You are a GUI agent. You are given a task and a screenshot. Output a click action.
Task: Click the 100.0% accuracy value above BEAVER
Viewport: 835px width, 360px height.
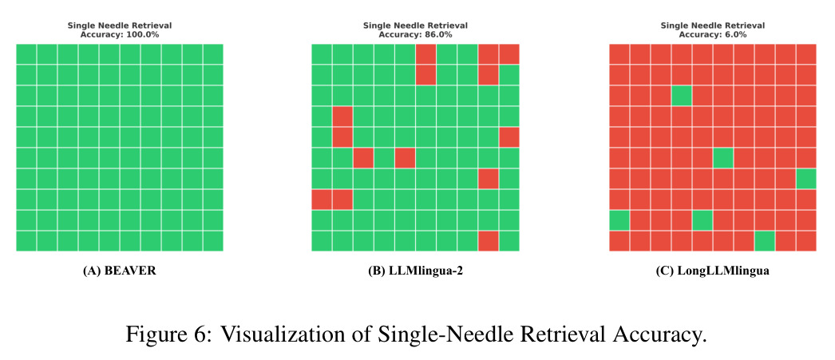click(143, 34)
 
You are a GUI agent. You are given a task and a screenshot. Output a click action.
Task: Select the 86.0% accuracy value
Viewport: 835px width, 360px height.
click(439, 34)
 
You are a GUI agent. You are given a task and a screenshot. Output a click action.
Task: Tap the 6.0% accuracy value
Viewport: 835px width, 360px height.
click(737, 34)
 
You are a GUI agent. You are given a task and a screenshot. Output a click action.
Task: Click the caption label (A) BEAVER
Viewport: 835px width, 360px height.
click(120, 271)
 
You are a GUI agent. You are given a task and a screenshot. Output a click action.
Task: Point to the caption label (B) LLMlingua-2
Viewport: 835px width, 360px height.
click(415, 271)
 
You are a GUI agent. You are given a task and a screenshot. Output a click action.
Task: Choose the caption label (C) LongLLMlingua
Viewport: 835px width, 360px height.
click(713, 271)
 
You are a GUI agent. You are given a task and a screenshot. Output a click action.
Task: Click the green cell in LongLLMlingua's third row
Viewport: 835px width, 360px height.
click(682, 95)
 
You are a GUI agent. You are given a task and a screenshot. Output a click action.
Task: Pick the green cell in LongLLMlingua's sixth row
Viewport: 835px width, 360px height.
click(723, 157)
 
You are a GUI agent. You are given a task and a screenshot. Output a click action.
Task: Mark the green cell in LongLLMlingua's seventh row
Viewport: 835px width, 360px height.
click(806, 178)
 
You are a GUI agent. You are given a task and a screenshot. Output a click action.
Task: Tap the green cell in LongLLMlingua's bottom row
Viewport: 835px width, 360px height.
click(765, 241)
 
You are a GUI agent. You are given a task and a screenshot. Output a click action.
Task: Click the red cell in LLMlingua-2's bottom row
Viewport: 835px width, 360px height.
click(489, 241)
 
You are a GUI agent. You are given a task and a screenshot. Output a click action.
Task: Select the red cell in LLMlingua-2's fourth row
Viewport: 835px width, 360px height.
click(342, 116)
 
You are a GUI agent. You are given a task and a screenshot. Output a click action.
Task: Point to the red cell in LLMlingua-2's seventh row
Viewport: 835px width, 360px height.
click(489, 178)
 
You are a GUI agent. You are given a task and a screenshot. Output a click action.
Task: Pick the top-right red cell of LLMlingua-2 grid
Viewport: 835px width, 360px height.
click(509, 53)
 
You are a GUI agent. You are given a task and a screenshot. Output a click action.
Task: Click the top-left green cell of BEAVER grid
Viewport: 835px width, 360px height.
click(26, 53)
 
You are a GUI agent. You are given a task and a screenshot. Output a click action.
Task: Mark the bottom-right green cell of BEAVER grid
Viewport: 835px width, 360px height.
click(213, 241)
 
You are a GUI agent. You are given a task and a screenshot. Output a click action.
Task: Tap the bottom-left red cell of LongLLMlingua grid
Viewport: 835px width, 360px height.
click(619, 241)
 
